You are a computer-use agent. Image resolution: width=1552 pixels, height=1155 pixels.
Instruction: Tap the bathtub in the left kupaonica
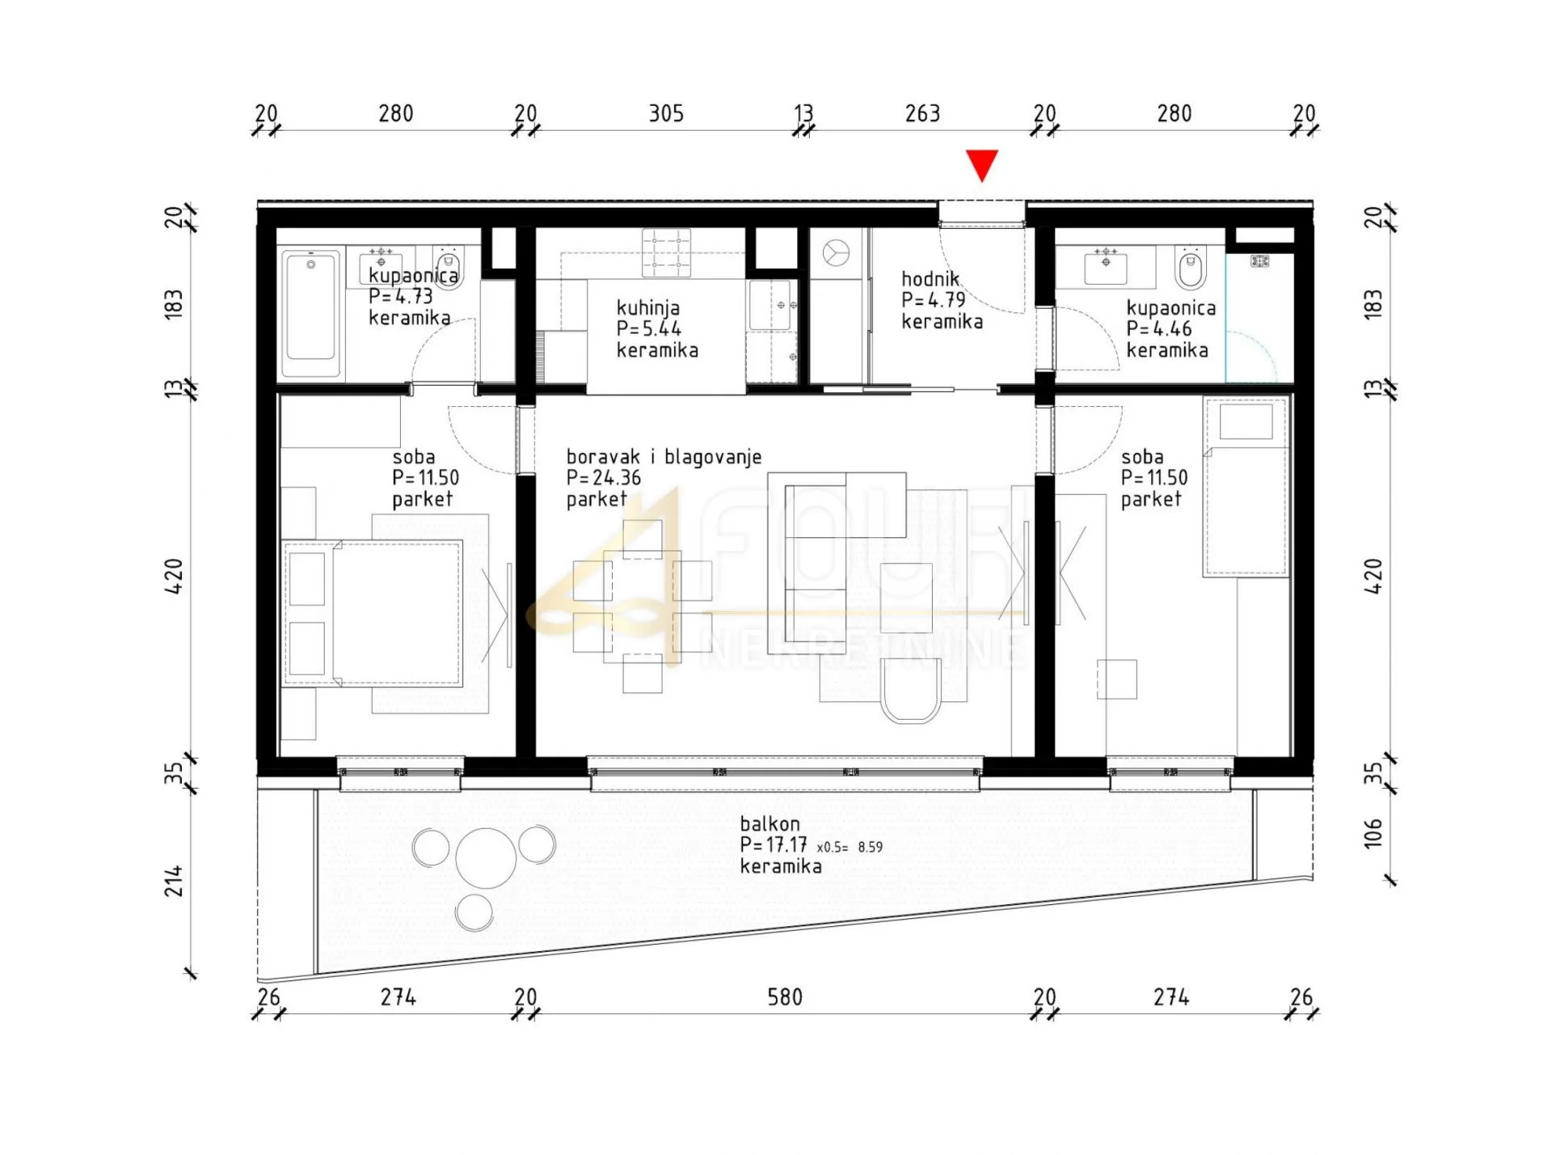[x=311, y=312]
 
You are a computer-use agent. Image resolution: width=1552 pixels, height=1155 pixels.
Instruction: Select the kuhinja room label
[x=657, y=329]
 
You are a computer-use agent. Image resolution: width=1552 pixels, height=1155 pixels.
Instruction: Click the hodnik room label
[x=943, y=300]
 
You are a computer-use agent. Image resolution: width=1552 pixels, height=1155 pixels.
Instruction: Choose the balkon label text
[x=781, y=845]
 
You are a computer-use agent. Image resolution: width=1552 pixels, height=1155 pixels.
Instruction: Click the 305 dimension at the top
[x=667, y=113]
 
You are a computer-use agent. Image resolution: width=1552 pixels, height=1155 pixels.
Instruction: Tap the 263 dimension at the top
[x=923, y=113]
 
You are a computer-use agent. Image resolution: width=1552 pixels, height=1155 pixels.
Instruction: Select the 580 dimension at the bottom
[x=785, y=997]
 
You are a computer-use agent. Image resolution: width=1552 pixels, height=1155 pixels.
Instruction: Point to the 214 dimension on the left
[x=174, y=881]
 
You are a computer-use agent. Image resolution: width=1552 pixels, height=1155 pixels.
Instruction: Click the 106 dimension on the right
[x=1373, y=833]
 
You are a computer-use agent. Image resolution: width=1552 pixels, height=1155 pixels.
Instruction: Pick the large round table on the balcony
[x=486, y=858]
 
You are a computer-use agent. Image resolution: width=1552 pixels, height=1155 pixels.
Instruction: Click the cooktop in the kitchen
[x=666, y=252]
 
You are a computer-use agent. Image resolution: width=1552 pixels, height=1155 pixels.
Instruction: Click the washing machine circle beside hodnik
[x=836, y=253]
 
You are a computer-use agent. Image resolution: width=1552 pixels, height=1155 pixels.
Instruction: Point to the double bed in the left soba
[x=373, y=613]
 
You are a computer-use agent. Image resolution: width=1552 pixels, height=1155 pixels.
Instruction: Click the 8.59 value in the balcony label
[x=871, y=848]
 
